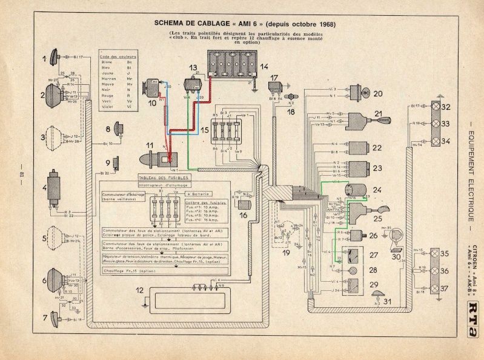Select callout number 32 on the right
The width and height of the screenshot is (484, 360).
tap(446, 108)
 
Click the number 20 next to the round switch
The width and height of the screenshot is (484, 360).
tap(379, 94)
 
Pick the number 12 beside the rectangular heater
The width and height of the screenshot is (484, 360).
tap(140, 291)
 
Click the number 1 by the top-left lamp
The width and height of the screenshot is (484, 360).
tap(44, 59)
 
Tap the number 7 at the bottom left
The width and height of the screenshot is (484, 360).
tap(44, 317)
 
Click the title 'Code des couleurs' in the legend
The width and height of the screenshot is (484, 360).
tap(118, 56)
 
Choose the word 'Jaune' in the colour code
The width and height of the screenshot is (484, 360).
tap(107, 72)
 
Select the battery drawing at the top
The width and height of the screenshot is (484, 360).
tap(233, 65)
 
